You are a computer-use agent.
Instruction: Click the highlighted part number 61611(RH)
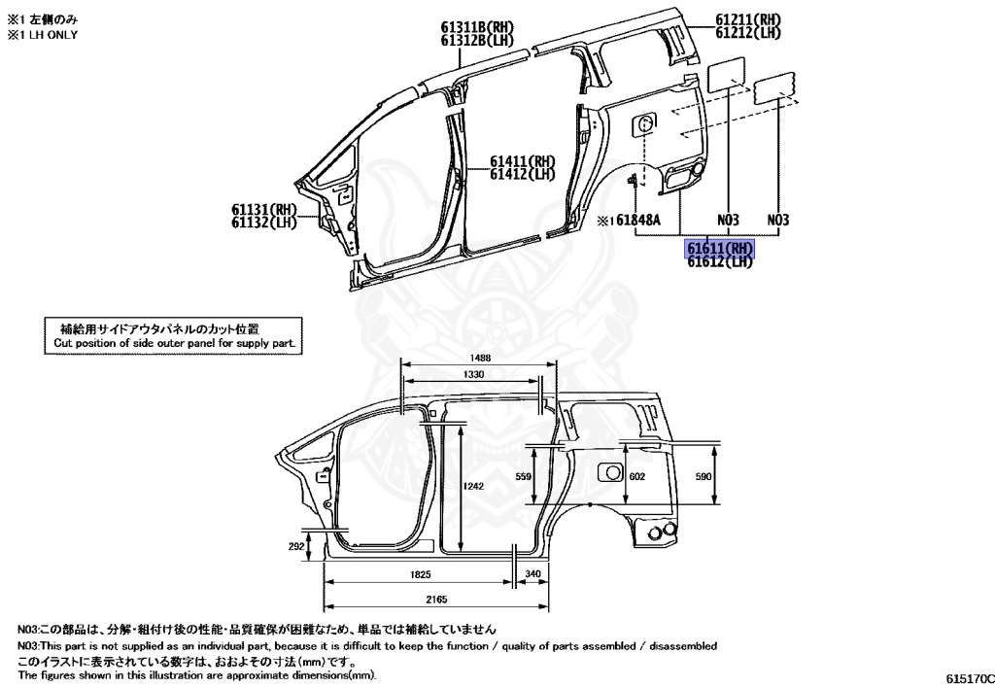720,249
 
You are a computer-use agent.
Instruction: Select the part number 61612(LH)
720,260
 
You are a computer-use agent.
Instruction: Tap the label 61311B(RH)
475,27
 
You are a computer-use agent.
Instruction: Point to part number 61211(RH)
748,20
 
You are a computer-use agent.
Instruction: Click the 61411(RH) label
522,161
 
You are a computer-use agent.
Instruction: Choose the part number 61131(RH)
263,210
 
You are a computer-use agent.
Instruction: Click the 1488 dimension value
476,359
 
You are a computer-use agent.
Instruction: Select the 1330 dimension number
474,374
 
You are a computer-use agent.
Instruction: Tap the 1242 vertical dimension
473,486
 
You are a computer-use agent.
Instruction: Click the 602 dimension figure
637,476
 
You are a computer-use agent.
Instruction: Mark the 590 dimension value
703,476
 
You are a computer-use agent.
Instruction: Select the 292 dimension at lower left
297,547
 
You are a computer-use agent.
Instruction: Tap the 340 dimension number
532,575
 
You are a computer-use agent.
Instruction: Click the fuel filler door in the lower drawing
610,472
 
